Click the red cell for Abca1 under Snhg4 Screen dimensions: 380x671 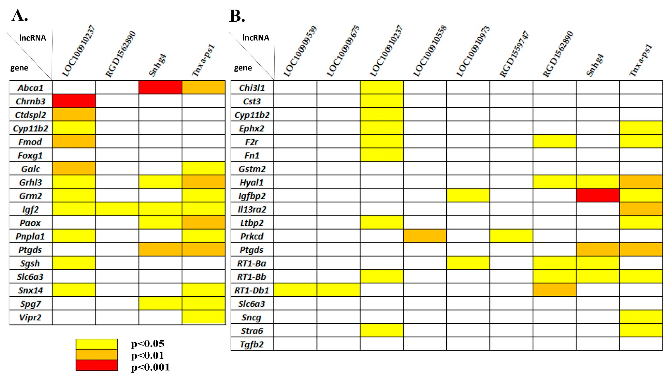pyautogui.click(x=160, y=87)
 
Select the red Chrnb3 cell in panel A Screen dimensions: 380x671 pyautogui.click(x=74, y=101)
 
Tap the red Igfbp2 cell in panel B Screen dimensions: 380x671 pyautogui.click(x=598, y=195)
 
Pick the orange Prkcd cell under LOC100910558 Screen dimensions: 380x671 pyautogui.click(x=425, y=236)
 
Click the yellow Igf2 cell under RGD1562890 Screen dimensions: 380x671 pyautogui.click(x=117, y=209)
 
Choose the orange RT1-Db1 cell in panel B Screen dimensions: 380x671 pyautogui.click(x=554, y=290)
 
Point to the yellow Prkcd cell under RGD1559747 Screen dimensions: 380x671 pyautogui.click(x=511, y=236)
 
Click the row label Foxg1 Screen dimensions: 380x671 pyautogui.click(x=30, y=155)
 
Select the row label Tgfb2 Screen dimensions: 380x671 pyautogui.click(x=252, y=344)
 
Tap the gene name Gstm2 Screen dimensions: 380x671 pyautogui.click(x=252, y=169)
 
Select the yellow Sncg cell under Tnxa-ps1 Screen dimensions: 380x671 pyautogui.click(x=641, y=317)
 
